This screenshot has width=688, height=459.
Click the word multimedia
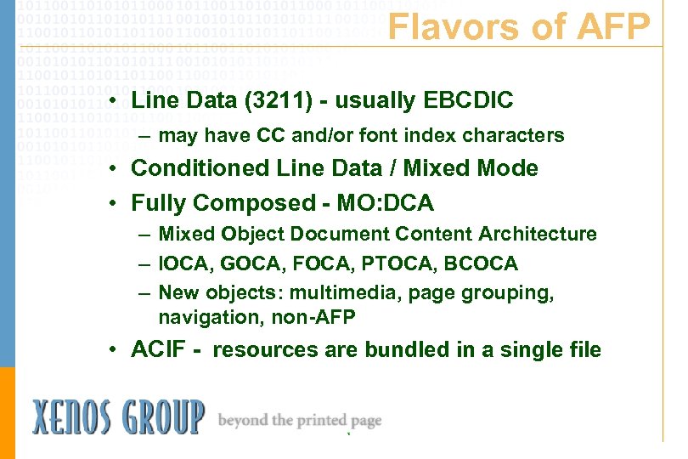(327, 293)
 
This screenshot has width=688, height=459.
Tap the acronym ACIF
(156, 349)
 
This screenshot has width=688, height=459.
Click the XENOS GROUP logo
(118, 417)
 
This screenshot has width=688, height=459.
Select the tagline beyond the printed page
(300, 421)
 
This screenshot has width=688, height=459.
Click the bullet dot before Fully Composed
(111, 204)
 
